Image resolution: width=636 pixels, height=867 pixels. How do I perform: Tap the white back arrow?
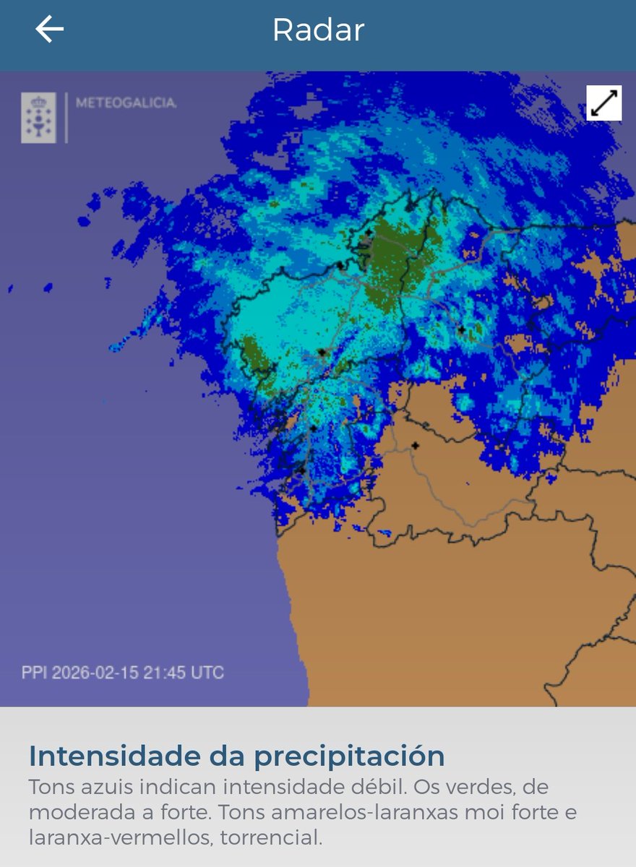coord(49,29)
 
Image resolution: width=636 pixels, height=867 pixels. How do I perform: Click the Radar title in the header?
coord(318,30)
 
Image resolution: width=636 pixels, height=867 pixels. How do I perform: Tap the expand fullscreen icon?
coord(603,103)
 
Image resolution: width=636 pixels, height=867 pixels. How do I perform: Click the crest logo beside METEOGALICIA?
coord(38,117)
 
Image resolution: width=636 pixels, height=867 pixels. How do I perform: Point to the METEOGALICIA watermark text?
coord(126,103)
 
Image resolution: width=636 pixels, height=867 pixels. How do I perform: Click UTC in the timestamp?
coord(207,673)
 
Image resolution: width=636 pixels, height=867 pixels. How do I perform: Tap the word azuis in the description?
coord(98,787)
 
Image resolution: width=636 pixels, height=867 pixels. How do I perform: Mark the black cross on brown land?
coord(415,446)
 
